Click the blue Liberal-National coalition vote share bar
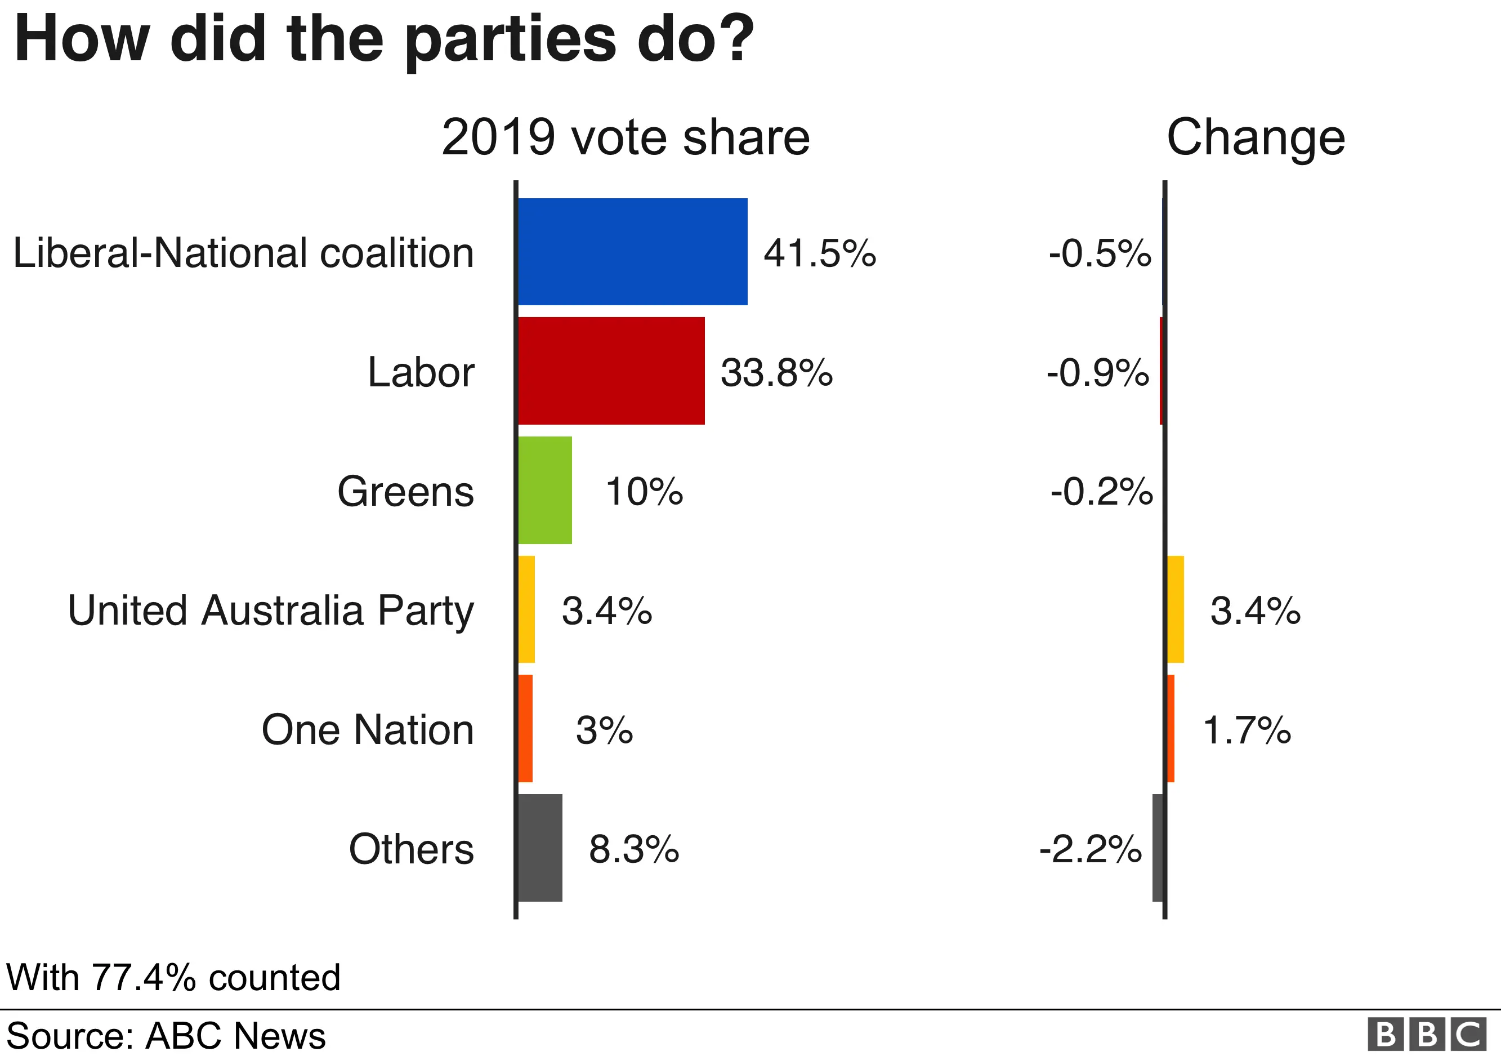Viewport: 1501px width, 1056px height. click(632, 251)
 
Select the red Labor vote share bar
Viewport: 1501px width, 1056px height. click(611, 371)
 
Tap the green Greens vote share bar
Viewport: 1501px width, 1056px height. click(544, 490)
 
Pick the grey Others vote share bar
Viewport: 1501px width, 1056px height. click(540, 848)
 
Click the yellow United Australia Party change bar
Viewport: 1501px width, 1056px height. click(1176, 609)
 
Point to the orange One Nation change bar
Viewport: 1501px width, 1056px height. click(1171, 728)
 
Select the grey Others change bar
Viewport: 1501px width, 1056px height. click(1158, 848)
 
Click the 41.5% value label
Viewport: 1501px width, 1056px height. click(819, 253)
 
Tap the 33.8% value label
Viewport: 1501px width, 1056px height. click(776, 373)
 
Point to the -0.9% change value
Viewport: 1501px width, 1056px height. click(1098, 373)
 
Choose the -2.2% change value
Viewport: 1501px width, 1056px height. click(1091, 849)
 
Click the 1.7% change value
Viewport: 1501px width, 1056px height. click(1247, 730)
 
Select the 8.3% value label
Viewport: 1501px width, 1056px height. click(633, 849)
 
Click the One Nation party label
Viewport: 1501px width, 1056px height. click(368, 730)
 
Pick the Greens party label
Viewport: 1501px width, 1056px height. click(405, 491)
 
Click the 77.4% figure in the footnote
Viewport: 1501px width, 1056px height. click(144, 977)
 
